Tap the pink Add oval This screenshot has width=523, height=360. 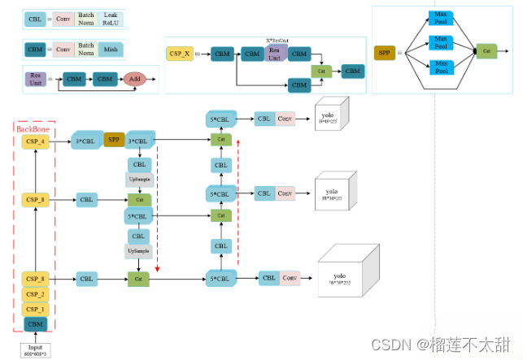tap(134, 80)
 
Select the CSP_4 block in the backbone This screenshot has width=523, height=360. tap(35, 141)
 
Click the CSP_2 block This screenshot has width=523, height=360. tap(35, 294)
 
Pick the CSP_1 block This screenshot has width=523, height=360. tap(35, 310)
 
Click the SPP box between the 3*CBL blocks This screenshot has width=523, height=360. tap(114, 140)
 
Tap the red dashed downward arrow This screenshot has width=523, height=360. tap(157, 211)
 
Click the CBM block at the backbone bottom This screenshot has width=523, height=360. tap(35, 325)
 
